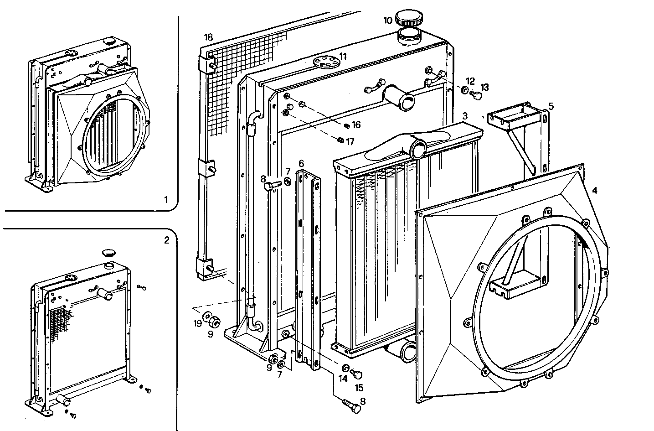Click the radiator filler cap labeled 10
point(407,19)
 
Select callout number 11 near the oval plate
point(343,57)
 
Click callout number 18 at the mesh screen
point(209,37)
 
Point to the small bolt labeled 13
point(476,97)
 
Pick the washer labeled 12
point(464,91)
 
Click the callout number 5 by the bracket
point(551,106)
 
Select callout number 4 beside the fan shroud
point(594,191)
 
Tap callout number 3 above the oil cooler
point(464,116)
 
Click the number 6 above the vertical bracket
point(301,163)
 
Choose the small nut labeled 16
point(346,125)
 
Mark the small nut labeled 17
point(340,140)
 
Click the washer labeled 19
point(207,316)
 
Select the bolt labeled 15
point(358,374)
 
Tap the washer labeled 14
point(345,368)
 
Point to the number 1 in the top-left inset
point(166,199)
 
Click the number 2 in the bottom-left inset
point(166,240)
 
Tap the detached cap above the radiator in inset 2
point(108,252)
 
